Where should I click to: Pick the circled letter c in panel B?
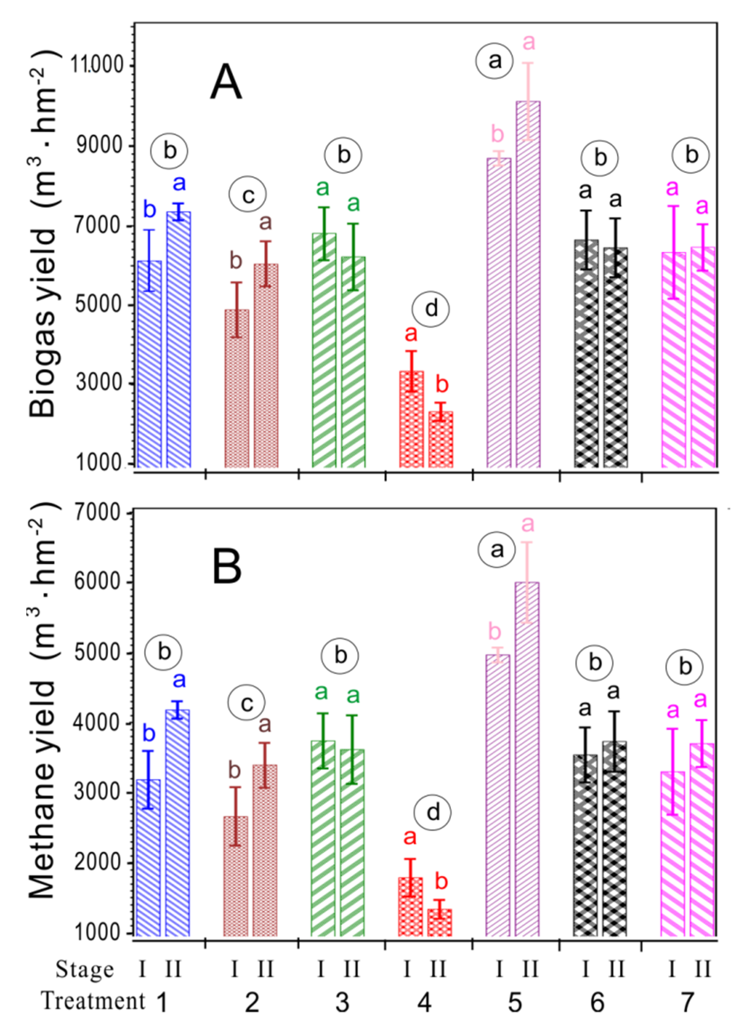246,703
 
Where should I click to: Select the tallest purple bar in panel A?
528,284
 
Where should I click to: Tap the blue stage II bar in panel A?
178,339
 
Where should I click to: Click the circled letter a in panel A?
495,60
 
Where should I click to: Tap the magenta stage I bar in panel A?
673,360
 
